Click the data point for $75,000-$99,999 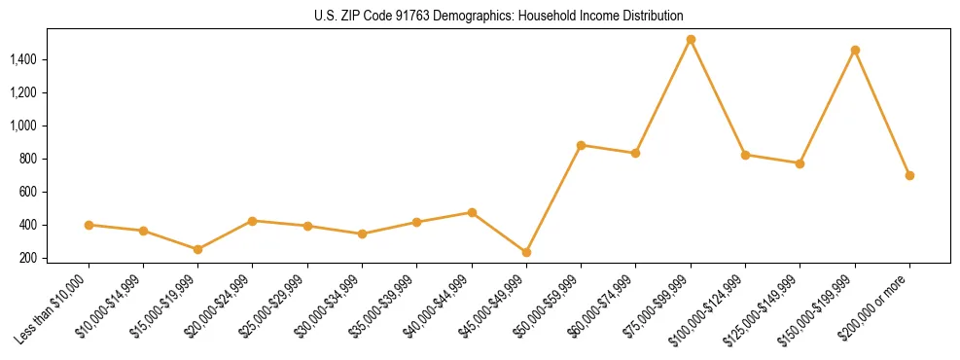[691, 40]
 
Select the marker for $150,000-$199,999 [855, 50]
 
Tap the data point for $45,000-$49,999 [526, 252]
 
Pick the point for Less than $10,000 [89, 225]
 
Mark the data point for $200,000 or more [909, 175]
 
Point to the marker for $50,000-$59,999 [581, 145]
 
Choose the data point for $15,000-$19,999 [197, 249]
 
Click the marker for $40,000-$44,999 [472, 212]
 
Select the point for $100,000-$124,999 [745, 155]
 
